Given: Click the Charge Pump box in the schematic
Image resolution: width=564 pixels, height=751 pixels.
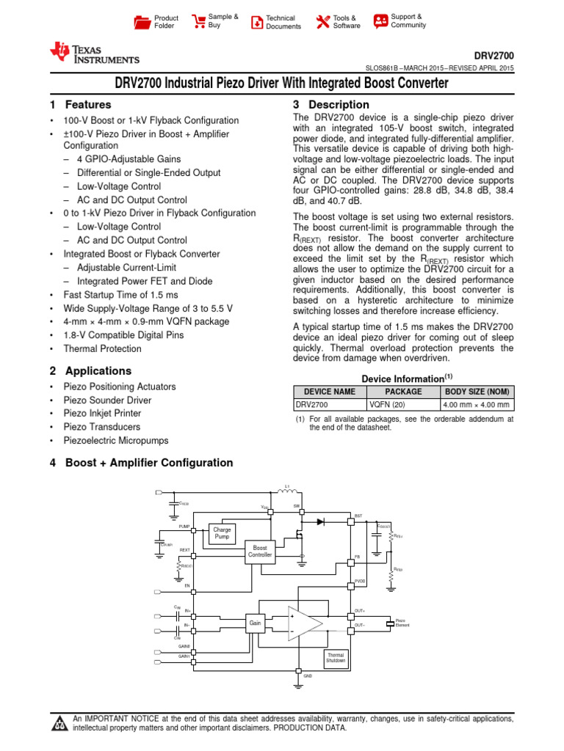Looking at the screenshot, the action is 222,532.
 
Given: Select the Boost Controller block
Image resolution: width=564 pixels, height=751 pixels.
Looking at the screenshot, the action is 261,552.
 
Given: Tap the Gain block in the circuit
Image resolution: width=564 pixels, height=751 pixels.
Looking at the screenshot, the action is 255,622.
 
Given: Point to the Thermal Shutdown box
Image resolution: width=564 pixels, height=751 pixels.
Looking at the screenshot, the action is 336,658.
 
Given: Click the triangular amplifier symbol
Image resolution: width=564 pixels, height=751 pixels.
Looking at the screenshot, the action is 305,623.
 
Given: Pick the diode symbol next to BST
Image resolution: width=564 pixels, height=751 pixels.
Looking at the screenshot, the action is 320,521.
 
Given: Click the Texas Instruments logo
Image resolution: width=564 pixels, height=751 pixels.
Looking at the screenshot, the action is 94,53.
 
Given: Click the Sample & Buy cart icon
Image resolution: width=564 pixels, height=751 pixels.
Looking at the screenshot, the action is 198,21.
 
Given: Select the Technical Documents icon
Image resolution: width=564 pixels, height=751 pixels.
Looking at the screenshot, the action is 256,22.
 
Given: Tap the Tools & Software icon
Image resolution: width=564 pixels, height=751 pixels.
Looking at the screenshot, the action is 322,22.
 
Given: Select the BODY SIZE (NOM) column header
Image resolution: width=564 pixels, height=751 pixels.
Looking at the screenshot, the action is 477,392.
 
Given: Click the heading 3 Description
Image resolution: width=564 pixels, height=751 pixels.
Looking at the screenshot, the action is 331,105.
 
